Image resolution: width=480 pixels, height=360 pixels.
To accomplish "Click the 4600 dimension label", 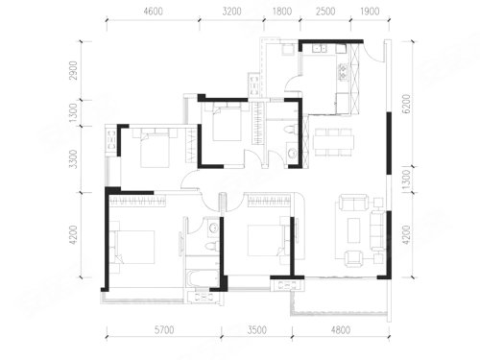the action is tap(154, 12).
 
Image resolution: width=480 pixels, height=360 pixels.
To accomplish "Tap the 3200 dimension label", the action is tap(231, 12).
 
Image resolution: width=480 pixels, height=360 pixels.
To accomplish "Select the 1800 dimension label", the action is tap(282, 12).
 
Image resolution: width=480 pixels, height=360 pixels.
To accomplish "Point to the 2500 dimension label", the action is tap(325, 12).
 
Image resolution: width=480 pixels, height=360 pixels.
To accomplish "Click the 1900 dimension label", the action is tap(370, 12).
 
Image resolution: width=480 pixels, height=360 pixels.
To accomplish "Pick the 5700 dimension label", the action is tap(164, 330).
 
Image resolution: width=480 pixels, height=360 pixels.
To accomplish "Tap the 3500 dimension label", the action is tap(257, 330).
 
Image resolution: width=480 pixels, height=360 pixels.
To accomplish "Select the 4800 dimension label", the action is tap(341, 330).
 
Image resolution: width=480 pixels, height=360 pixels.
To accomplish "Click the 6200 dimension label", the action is tap(406, 104).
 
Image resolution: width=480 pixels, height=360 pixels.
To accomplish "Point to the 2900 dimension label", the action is tap(74, 70).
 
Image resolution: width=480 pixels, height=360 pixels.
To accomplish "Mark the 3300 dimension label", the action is tap(74, 159).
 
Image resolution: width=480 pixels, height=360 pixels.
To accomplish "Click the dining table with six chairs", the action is tap(333, 142).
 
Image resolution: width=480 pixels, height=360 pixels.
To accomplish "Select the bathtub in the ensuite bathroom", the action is tap(202, 279).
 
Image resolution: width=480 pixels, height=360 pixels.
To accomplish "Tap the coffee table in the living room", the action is tap(354, 229).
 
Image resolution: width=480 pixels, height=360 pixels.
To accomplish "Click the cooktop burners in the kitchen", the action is tap(343, 72).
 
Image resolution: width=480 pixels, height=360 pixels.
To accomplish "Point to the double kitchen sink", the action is tap(320, 49).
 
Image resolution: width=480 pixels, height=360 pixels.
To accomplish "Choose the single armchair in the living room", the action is tap(353, 258).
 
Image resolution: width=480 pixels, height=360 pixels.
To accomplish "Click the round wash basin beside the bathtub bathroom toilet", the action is tap(213, 228).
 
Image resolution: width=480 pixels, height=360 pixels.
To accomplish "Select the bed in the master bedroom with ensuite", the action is tap(132, 247).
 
